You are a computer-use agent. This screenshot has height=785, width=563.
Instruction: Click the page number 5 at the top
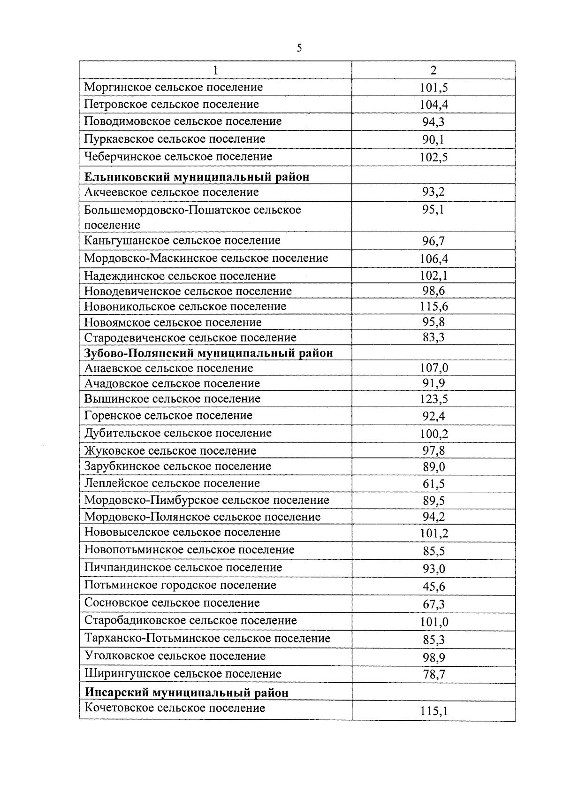(x=299, y=48)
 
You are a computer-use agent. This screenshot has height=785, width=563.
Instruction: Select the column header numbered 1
(x=215, y=70)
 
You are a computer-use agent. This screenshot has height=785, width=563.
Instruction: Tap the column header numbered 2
(x=434, y=70)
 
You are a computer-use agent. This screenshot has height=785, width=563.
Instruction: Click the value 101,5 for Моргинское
(x=434, y=88)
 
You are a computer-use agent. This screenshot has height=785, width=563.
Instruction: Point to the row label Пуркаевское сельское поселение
(x=175, y=139)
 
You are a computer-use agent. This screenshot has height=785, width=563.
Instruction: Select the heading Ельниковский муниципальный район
(x=197, y=177)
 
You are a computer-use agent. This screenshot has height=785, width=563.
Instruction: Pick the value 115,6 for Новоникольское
(x=434, y=307)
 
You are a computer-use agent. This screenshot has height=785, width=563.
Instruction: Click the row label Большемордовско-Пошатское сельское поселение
(x=192, y=217)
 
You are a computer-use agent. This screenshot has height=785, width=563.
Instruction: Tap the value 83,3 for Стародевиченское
(x=434, y=338)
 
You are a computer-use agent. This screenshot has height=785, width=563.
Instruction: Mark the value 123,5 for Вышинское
(x=434, y=399)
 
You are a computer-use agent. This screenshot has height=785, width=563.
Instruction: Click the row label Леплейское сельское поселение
(x=172, y=483)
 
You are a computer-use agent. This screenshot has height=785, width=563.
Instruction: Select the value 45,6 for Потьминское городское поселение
(x=434, y=587)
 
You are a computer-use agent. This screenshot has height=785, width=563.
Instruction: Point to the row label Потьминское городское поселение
(x=180, y=585)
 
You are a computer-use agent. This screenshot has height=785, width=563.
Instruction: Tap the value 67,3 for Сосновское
(x=434, y=604)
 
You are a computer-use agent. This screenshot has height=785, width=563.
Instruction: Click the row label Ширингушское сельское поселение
(x=183, y=674)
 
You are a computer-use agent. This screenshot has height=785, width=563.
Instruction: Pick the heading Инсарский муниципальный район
(x=187, y=693)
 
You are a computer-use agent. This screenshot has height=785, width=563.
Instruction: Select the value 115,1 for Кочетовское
(x=434, y=711)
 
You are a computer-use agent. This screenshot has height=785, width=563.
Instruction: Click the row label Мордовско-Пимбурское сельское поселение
(x=207, y=500)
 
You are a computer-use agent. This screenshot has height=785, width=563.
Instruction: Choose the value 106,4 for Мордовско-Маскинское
(x=434, y=259)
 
